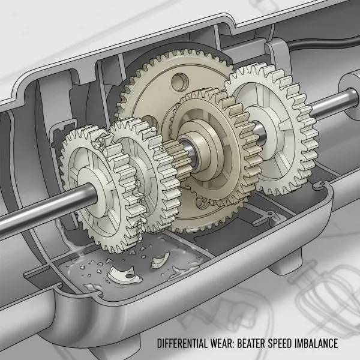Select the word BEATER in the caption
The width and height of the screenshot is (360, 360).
coord(259,344)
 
